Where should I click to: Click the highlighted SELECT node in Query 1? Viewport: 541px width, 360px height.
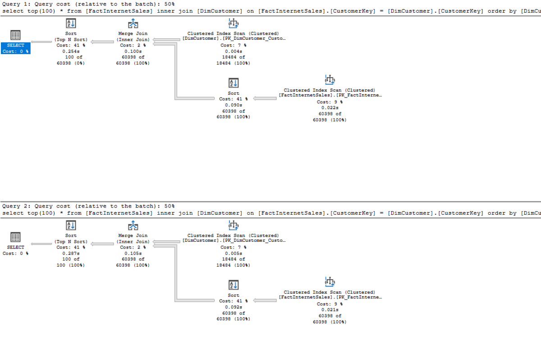coord(16,48)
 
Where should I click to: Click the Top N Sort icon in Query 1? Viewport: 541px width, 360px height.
coord(71,23)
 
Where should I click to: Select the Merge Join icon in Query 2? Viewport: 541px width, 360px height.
coord(133,226)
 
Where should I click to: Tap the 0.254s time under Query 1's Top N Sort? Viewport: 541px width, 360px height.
coord(71,51)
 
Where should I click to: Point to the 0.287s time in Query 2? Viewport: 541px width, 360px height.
coord(71,253)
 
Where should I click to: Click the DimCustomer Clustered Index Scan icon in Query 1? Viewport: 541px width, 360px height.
coord(234,23)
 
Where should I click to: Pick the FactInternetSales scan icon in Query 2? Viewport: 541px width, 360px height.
coord(330,282)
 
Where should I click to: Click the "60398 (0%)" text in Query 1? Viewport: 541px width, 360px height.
coord(71,63)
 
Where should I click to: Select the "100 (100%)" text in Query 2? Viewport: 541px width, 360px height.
coord(71,265)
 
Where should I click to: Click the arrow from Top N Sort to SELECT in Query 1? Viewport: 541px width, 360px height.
coord(41,42)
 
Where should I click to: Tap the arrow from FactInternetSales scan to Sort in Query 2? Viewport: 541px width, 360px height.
coord(265,300)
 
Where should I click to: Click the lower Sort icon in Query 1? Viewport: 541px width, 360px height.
coord(234,83)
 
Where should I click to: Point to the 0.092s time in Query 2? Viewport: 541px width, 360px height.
coord(234,307)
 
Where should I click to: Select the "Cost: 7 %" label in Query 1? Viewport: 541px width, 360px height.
coord(234,45)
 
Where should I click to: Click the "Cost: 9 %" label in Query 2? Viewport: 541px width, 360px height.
coord(330,304)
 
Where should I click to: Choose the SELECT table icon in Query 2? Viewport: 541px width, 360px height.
coord(15,237)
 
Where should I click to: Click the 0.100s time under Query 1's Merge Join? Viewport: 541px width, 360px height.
coord(133,51)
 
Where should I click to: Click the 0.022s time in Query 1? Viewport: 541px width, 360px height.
coord(330,108)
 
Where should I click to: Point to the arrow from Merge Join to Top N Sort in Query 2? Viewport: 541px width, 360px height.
coord(102,244)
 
